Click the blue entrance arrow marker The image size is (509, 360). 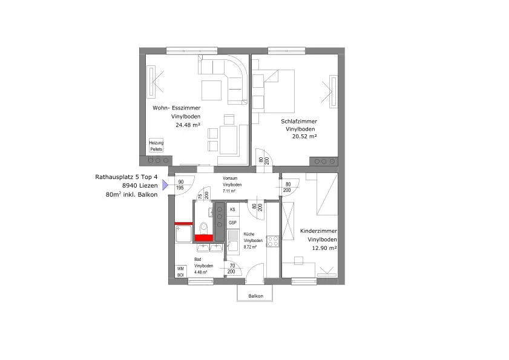[165, 185]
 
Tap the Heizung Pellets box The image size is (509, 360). [156, 146]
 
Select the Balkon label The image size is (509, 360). [256, 296]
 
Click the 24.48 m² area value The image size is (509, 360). [188, 125]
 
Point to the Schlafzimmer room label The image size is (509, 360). [299, 122]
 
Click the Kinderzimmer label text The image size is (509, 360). [318, 231]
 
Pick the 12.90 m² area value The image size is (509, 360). [324, 248]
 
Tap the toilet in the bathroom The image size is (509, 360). [204, 228]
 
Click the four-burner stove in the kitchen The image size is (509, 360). [273, 241]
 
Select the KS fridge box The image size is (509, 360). [233, 210]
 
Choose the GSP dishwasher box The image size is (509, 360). [233, 223]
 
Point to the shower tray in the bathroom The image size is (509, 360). [183, 234]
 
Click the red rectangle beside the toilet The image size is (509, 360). [204, 238]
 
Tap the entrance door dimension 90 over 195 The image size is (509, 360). [180, 185]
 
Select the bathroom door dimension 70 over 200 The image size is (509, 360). [231, 269]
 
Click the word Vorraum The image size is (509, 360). [230, 178]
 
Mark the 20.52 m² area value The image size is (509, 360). [304, 137]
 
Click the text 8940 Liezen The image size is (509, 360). [140, 186]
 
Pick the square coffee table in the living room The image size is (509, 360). [211, 90]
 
